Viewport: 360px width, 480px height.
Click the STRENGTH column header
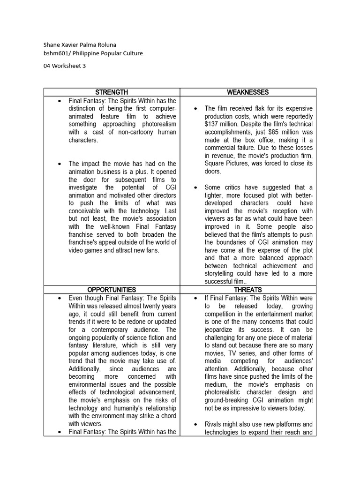point(112,92)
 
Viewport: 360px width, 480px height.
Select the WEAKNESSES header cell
point(248,92)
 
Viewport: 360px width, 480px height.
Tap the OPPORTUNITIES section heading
point(112,290)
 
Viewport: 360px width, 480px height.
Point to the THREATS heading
point(248,290)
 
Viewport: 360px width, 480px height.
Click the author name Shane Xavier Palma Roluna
point(80,45)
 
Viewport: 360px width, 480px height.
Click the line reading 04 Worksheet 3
point(65,66)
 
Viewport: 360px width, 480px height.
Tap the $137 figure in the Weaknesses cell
point(213,124)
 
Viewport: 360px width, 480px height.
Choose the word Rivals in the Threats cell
point(214,424)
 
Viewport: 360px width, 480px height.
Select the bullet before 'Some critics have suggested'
point(195,187)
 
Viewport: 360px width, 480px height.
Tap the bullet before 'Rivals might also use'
point(195,424)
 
